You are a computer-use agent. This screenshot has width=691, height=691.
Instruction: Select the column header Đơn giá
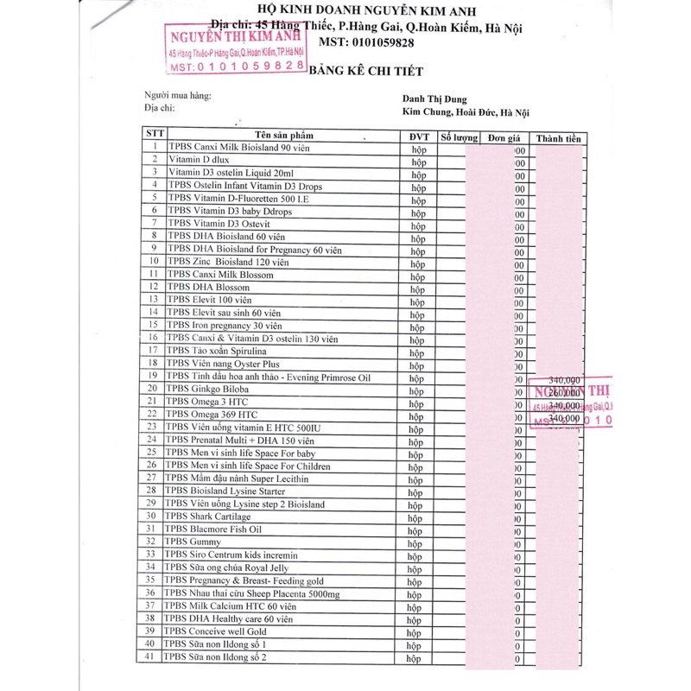tap(504, 138)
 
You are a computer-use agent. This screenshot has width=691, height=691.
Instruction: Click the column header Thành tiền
tap(559, 138)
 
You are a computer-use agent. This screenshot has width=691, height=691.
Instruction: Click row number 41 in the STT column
tap(153, 657)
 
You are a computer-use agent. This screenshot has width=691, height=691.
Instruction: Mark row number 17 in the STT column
tap(153, 351)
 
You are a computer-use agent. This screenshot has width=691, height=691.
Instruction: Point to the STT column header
tap(153, 134)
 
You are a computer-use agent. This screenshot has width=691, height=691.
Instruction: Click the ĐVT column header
tap(414, 137)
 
